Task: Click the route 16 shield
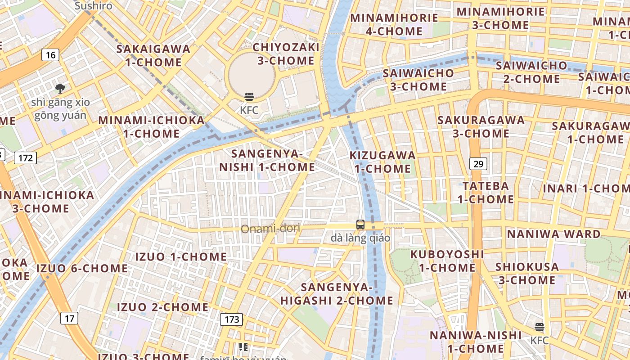point(51,55)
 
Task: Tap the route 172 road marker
point(25,158)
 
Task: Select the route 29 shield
point(478,164)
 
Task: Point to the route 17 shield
point(69,319)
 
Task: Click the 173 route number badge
point(232,319)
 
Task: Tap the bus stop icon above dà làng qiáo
point(360,225)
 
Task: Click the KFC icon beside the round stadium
point(249,97)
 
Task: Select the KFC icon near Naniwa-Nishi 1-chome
point(539,327)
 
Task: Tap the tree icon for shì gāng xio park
point(60,89)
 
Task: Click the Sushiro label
point(93,6)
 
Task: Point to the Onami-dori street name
point(270,229)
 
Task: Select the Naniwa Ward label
point(553,234)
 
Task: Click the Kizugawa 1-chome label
point(382,162)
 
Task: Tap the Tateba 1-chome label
point(486,192)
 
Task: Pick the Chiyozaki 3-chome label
point(286,54)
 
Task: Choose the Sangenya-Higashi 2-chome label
point(337,293)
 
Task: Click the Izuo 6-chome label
point(82,268)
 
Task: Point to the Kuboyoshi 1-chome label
point(447,261)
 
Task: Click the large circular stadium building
point(252,73)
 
